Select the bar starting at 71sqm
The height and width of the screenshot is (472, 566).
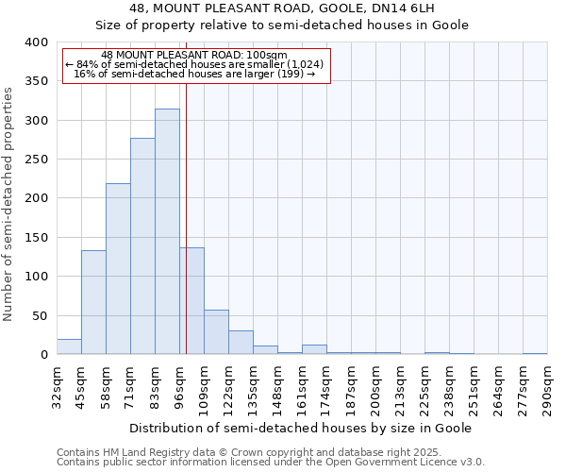(x=142, y=246)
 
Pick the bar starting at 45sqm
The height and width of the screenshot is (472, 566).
(x=93, y=302)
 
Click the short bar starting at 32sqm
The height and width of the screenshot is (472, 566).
(x=69, y=346)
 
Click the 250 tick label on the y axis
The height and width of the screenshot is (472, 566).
(x=36, y=160)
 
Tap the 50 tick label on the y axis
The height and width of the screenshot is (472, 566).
(x=39, y=315)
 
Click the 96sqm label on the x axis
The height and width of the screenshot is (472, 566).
(x=179, y=386)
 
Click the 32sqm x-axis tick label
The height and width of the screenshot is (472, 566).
(x=57, y=386)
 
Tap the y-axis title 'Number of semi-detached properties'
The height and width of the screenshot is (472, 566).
(x=8, y=204)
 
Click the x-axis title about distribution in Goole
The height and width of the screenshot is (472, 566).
(x=300, y=428)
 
